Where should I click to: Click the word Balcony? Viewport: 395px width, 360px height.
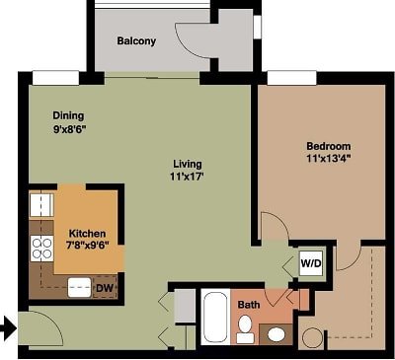click(136, 41)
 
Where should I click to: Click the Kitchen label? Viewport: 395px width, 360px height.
click(87, 235)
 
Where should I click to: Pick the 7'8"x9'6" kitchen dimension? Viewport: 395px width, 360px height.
click(86, 248)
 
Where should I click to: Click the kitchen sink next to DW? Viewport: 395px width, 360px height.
click(76, 287)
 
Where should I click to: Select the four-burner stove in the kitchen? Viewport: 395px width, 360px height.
click(40, 247)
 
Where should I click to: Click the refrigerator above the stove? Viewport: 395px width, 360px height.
click(40, 205)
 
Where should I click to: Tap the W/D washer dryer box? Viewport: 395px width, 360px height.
click(311, 264)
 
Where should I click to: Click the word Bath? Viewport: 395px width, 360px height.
click(249, 305)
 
